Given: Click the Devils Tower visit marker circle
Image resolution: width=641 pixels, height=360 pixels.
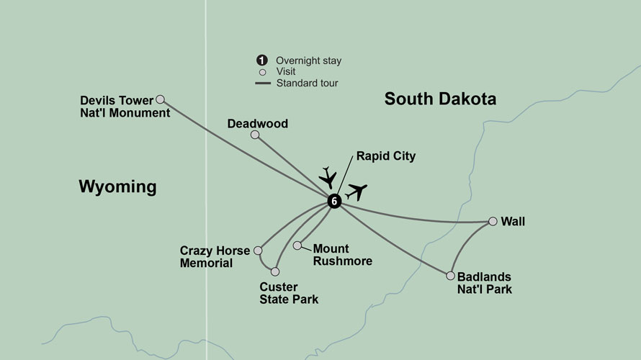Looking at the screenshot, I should point(161,99).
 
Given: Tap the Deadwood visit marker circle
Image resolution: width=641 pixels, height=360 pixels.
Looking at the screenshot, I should point(254,135).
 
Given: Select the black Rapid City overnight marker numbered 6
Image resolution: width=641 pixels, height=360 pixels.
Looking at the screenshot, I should point(333,201).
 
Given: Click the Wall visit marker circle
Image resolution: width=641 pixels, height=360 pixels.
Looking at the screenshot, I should point(493,221).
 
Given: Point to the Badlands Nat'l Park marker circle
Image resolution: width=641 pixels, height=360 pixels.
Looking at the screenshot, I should point(450,276).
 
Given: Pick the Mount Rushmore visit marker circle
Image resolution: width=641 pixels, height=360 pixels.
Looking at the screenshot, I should point(297,246).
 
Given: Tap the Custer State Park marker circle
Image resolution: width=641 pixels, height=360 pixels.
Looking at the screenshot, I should point(274,271).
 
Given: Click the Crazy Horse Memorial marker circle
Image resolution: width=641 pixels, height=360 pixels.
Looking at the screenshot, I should point(259,251).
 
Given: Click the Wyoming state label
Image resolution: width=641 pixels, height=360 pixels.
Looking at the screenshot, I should point(117,187).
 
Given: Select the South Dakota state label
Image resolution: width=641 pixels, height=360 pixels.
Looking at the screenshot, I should point(440,99).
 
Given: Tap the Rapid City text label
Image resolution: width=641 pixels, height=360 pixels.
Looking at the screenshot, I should point(386,156).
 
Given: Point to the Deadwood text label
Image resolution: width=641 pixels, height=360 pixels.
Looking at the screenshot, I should point(257,124).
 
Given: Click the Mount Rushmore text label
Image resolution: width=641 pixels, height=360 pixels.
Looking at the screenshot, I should point(342,255).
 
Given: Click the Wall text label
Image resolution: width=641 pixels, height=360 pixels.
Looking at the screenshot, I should point(513,222).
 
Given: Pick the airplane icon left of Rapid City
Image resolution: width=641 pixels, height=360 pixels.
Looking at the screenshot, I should point(328,176).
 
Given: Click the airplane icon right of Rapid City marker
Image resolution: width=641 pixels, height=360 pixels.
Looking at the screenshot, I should point(357,192).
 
